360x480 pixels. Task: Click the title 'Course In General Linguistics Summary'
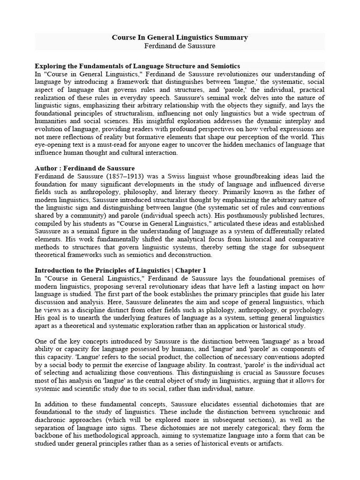[180, 37]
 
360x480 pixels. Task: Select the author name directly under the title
[180, 46]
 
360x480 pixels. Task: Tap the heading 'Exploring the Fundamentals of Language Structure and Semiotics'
[137, 66]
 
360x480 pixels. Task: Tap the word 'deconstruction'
[189, 255]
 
